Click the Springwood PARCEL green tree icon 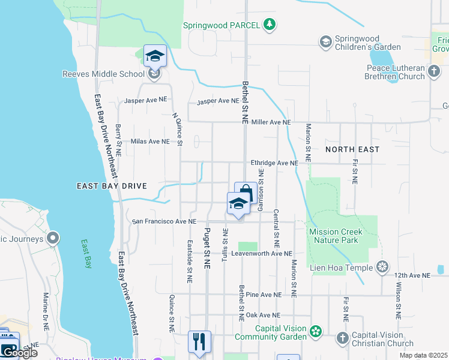(x=270, y=25)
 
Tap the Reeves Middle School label (x=104, y=74)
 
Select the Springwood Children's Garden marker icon (x=325, y=41)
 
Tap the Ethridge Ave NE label (x=274, y=163)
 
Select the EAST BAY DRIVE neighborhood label (x=112, y=187)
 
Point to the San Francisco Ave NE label (x=164, y=221)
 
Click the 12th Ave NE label (x=412, y=275)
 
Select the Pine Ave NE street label (x=263, y=295)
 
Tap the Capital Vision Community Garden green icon (x=316, y=331)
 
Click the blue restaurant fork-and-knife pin (x=199, y=342)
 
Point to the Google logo (x=19, y=353)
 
